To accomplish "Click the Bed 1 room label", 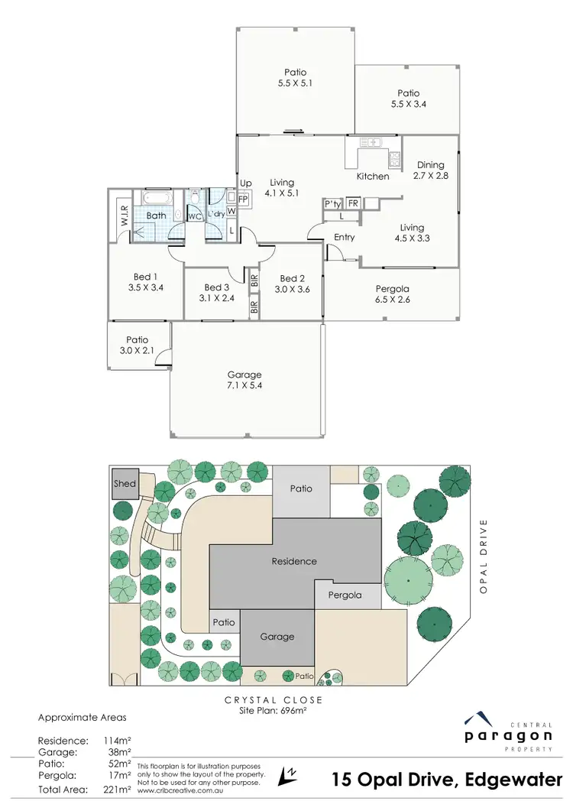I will click(x=143, y=277).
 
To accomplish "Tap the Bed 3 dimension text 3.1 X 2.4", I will click(x=215, y=298).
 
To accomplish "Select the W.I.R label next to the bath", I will click(x=122, y=212).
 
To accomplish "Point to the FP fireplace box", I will click(x=243, y=200).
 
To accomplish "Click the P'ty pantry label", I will click(x=332, y=204).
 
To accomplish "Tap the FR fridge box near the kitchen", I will click(x=353, y=203).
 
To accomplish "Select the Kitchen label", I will click(x=373, y=177).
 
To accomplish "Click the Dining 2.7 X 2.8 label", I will click(x=430, y=170).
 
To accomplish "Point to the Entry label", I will click(x=345, y=237).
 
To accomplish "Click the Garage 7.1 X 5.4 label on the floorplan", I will click(x=244, y=380).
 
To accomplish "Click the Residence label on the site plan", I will click(x=294, y=561).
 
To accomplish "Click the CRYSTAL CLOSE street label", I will click(x=273, y=700).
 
